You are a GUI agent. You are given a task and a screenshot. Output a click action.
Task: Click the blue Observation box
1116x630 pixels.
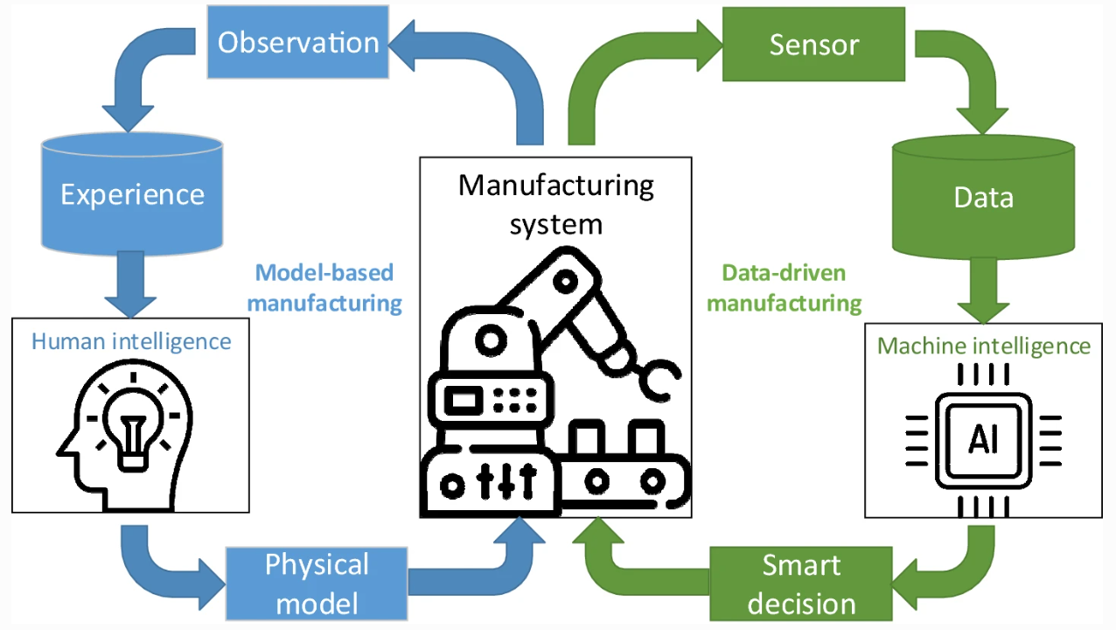point(297,43)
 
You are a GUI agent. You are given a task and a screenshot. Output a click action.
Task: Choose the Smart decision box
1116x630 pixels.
point(800,584)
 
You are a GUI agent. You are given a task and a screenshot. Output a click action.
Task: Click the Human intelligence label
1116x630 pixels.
point(131,340)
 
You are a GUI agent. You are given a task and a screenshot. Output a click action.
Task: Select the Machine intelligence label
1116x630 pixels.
point(984,346)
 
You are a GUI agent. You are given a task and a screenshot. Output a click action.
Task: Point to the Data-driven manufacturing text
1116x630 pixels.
point(785,288)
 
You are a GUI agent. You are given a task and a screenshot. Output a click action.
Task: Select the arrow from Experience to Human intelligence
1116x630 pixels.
point(131,284)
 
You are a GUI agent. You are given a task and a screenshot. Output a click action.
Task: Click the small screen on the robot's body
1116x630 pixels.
point(462,401)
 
